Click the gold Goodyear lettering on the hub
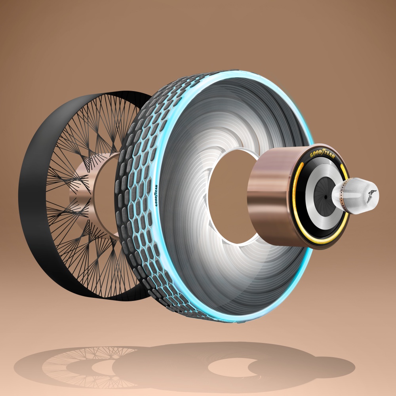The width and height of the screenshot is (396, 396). coord(322,154)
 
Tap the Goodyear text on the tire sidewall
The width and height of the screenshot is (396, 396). coord(156,195)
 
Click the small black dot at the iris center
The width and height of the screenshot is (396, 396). coord(326,197)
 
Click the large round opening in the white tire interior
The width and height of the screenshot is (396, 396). coord(232,197)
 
